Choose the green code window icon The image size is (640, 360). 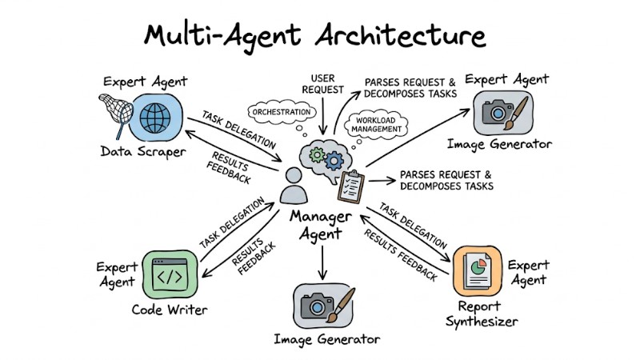[169, 273]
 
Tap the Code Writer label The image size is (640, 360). [170, 310]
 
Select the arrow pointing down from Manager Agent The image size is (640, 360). [322, 262]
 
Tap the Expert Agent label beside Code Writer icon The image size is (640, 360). [118, 274]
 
